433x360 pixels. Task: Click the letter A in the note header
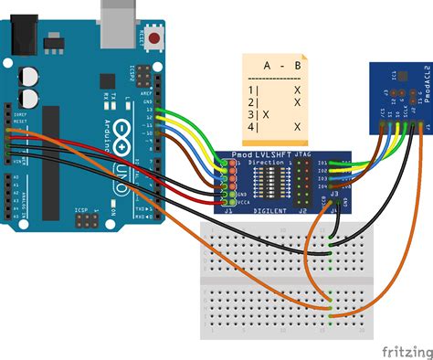tap(267, 66)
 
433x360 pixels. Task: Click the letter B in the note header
tap(297, 66)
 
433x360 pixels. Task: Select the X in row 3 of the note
tap(266, 115)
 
